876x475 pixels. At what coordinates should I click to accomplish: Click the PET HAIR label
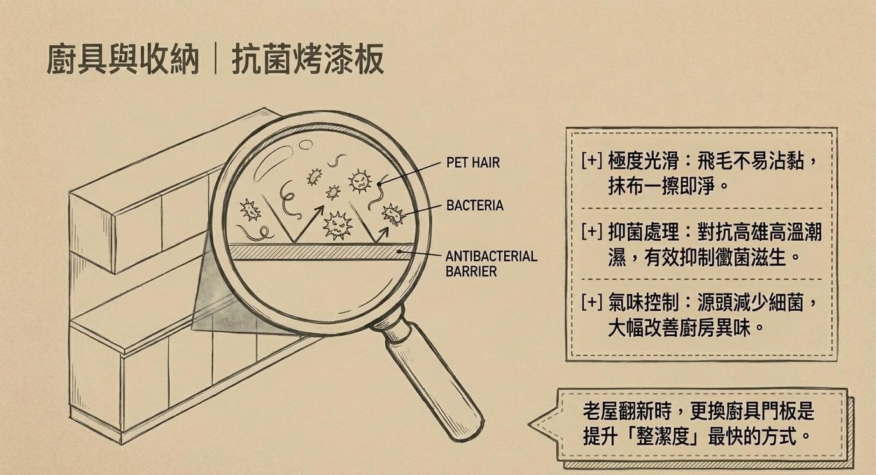tap(473, 162)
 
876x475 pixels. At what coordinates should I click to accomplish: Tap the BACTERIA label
tap(475, 206)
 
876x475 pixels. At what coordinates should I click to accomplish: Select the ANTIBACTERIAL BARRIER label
tap(491, 263)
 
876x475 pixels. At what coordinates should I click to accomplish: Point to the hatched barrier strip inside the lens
tap(318, 252)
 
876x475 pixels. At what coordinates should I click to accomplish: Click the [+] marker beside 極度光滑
tap(591, 162)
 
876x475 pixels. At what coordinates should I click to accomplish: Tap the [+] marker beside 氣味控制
tap(591, 304)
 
